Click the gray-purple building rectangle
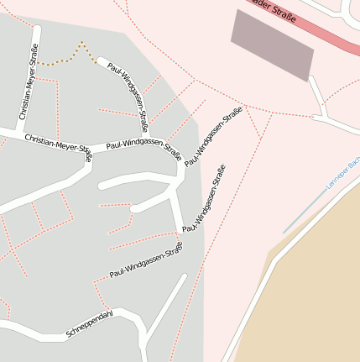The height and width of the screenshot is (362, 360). tap(272, 45)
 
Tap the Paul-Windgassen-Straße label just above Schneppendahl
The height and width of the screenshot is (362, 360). tap(146, 261)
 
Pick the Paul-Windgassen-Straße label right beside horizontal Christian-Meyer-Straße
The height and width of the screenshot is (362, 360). tap(143, 150)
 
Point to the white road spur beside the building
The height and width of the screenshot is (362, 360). tap(317, 96)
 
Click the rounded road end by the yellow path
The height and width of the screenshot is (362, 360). tap(102, 61)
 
